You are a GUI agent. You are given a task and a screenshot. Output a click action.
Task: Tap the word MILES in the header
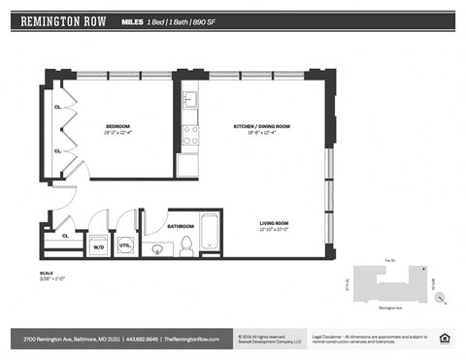(134, 20)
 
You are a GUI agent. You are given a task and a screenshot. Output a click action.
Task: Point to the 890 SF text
(221, 20)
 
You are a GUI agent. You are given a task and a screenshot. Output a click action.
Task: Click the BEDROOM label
(117, 127)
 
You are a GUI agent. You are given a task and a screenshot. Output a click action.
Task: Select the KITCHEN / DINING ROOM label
(262, 127)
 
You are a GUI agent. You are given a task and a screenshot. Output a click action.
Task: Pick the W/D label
(98, 247)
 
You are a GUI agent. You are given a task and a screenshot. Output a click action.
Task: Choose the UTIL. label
(125, 246)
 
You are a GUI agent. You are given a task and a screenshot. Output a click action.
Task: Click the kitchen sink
(189, 100)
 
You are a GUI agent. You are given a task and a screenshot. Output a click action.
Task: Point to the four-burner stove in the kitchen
(190, 134)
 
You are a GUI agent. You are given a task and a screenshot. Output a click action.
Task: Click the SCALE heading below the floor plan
(46, 273)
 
